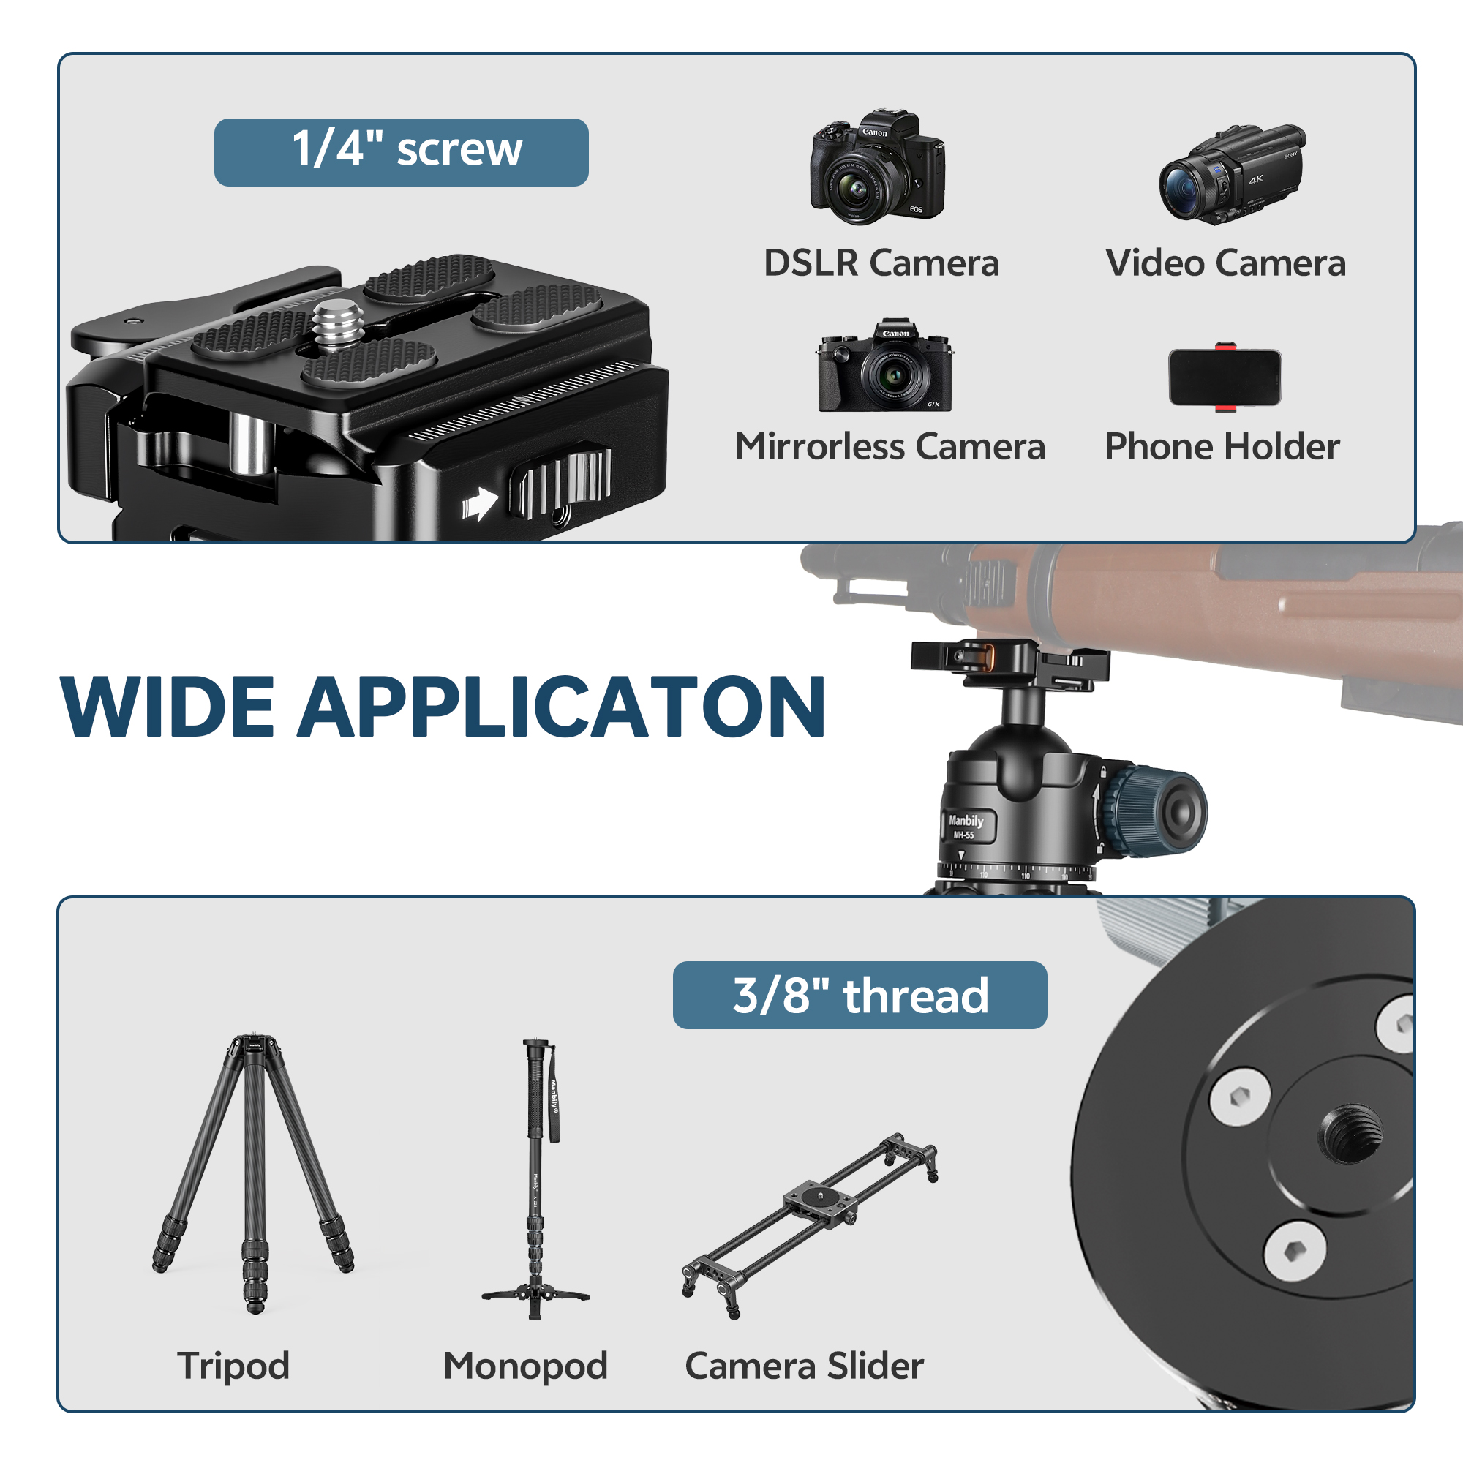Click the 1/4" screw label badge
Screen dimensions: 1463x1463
401,152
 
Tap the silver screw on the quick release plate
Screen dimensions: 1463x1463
338,325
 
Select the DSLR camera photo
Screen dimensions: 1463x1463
877,167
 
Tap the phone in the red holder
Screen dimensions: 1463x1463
1225,377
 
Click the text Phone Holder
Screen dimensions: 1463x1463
1222,447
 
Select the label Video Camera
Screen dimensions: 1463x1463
1225,263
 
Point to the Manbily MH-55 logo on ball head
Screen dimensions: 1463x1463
966,825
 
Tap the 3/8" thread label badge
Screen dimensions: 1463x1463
860,995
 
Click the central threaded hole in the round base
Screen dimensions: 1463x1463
1352,1134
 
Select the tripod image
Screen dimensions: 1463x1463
253,1173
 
